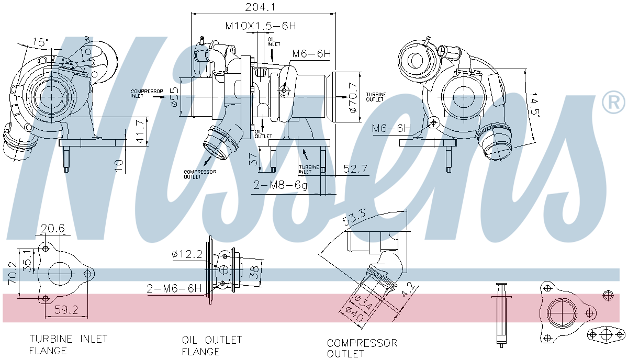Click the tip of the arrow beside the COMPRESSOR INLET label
165,97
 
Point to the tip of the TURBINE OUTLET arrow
347,97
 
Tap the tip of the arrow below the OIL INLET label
272,61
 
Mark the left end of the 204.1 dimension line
191,14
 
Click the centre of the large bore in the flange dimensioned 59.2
60,274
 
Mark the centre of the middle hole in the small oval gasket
606,335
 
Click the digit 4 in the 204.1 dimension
264,7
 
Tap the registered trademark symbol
613,102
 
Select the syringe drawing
501,315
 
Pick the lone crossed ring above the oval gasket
608,296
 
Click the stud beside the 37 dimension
273,159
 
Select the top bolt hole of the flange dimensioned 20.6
46,249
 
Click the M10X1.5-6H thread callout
261,26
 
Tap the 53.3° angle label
354,217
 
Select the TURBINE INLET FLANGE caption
68,345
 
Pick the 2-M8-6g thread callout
280,185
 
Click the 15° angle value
41,42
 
